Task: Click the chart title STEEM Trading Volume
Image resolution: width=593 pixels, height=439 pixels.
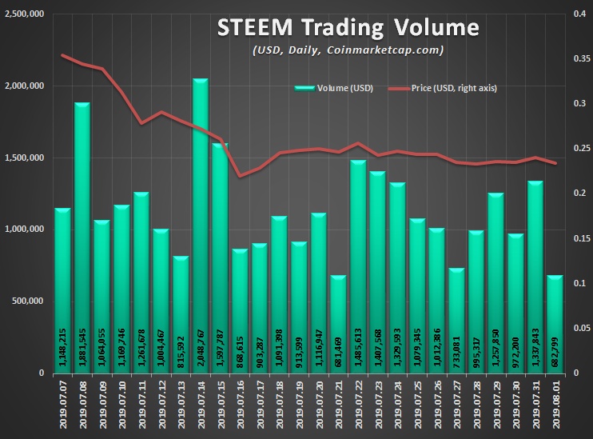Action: coord(348,28)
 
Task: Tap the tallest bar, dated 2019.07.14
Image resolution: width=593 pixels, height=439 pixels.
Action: coord(201,224)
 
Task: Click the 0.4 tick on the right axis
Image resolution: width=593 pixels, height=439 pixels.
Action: coord(579,14)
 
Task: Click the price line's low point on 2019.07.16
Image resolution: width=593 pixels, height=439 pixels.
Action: coord(240,176)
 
